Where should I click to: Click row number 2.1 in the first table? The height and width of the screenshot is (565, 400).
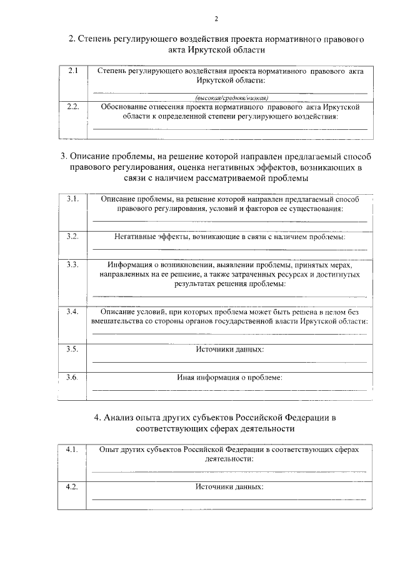click(72, 71)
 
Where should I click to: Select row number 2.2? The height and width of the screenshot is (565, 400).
click(73, 107)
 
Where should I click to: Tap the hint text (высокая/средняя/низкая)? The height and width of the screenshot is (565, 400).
click(231, 98)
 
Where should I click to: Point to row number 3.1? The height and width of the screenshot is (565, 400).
click(72, 199)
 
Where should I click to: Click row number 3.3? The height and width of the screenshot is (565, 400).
click(72, 265)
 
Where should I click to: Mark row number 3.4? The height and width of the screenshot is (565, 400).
click(72, 311)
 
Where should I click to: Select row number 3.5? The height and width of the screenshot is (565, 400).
click(72, 348)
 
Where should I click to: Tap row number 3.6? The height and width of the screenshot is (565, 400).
click(72, 377)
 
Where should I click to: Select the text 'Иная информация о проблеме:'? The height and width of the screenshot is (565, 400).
click(230, 377)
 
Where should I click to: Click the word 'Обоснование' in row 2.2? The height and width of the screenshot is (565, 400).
click(124, 107)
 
